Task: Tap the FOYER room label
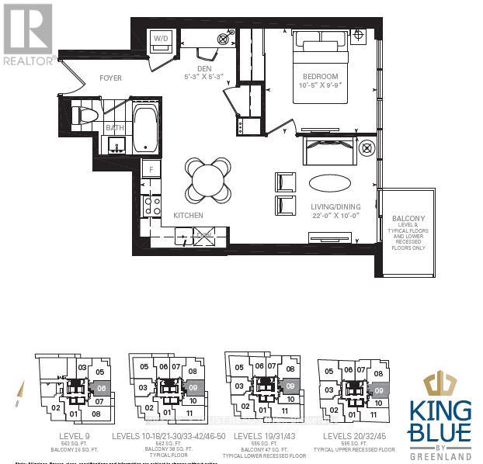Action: click(110, 78)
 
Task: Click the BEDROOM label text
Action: click(321, 76)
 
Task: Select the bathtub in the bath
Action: click(145, 129)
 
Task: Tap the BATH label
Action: click(115, 128)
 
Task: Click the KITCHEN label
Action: click(188, 215)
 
